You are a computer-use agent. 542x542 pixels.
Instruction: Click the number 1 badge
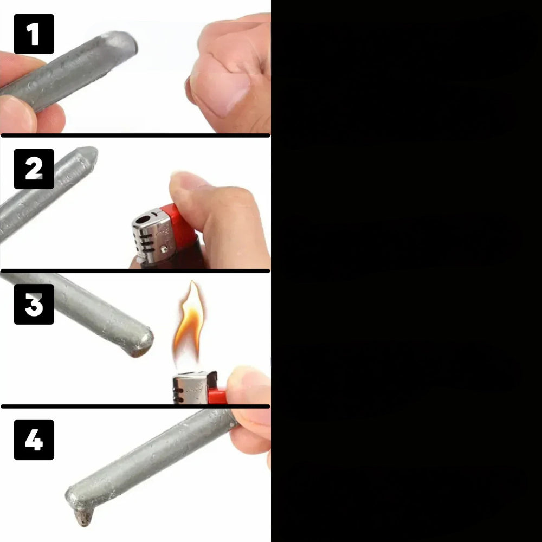(34, 34)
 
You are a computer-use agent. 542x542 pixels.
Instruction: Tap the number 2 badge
(34, 169)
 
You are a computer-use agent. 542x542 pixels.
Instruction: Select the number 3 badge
(34, 304)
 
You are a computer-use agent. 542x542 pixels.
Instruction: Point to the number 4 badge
(34, 440)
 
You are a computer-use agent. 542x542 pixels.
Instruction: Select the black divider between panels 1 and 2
(135, 135)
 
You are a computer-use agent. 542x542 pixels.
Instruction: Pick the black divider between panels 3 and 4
(135, 406)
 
